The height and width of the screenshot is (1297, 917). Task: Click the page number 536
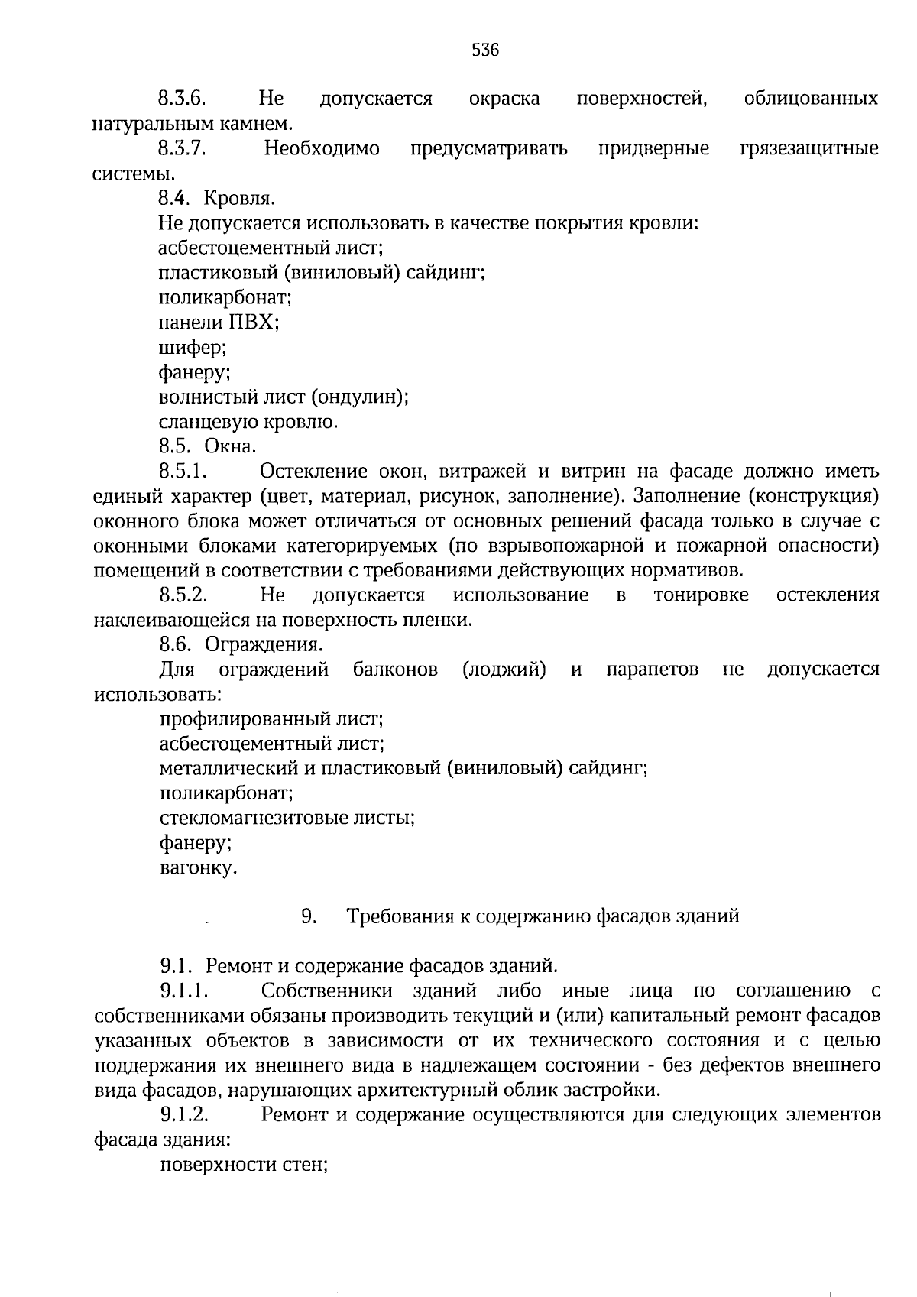click(485, 50)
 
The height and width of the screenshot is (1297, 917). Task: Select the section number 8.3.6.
click(183, 99)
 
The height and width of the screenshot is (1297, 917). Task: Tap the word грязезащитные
click(809, 148)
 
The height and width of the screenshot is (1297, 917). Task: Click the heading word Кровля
click(240, 199)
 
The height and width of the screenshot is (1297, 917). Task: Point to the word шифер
click(193, 348)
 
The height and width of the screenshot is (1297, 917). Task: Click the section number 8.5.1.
click(184, 471)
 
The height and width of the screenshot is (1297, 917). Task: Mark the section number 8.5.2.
click(184, 595)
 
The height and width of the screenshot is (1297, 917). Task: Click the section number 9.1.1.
click(185, 991)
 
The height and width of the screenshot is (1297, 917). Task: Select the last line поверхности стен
click(244, 1165)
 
